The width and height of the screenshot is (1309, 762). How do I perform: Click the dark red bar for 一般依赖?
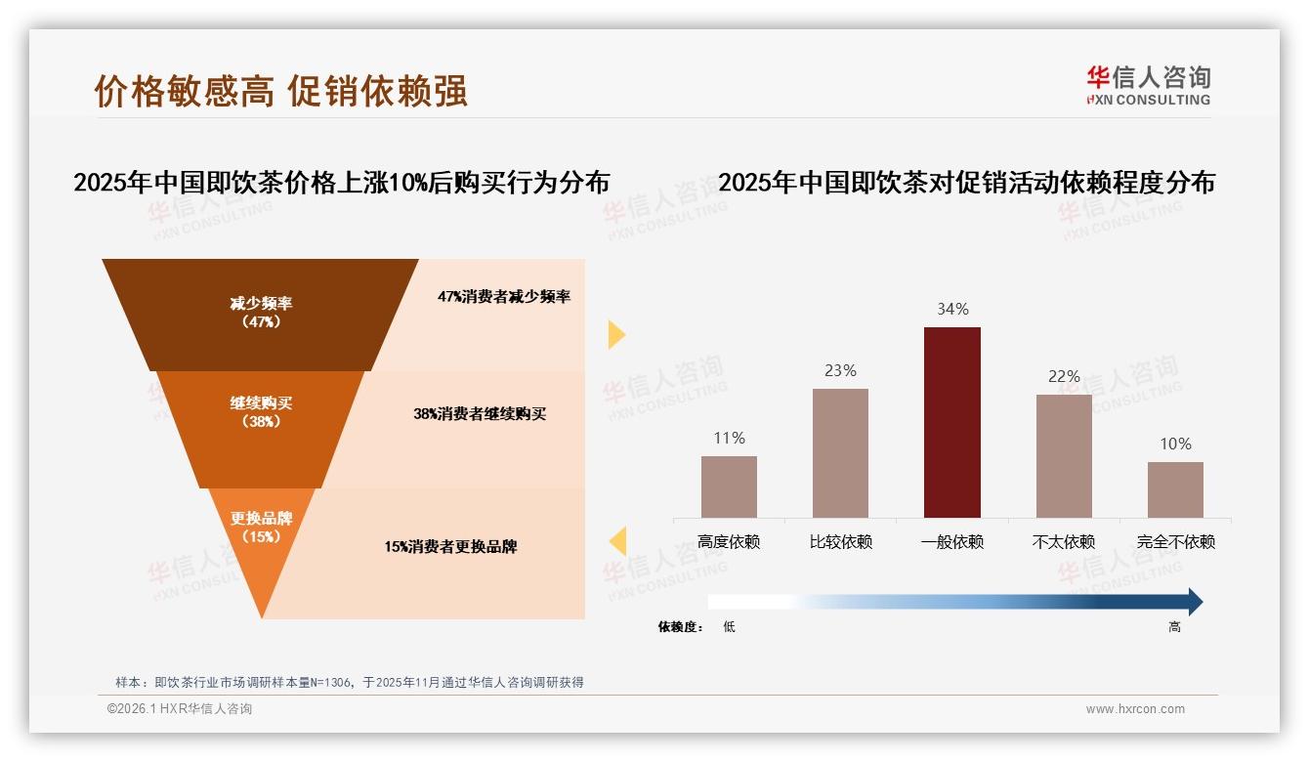click(x=951, y=422)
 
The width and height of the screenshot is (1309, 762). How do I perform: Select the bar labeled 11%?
click(x=729, y=487)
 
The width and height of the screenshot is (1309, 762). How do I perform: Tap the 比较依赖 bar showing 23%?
click(x=840, y=453)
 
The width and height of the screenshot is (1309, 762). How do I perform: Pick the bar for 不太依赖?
click(x=1064, y=456)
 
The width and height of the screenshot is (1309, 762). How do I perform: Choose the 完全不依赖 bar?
click(x=1175, y=489)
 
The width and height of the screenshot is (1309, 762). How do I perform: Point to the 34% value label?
click(x=952, y=310)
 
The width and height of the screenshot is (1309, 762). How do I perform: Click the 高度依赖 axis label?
click(x=729, y=542)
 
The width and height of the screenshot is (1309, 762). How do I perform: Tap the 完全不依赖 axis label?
click(x=1176, y=542)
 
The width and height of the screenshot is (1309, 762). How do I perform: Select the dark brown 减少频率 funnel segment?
click(x=260, y=313)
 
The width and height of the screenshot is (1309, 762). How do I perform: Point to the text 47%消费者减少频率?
click(x=504, y=297)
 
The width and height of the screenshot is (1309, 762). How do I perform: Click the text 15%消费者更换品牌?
click(x=450, y=547)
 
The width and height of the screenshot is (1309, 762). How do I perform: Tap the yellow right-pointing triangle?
click(x=615, y=334)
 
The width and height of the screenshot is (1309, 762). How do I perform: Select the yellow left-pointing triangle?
click(x=617, y=541)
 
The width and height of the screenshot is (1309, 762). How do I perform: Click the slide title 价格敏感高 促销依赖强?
click(x=281, y=91)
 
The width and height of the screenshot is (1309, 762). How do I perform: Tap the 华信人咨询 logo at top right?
click(x=1149, y=85)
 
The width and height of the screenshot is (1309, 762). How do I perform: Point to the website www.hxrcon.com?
click(x=1135, y=709)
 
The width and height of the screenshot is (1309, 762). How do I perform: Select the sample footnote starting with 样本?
click(x=350, y=682)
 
